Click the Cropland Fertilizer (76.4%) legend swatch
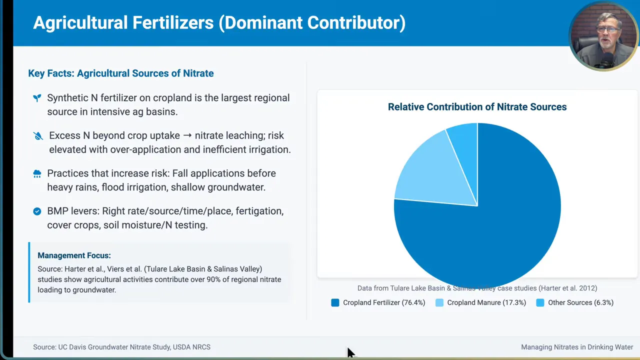pos(335,302)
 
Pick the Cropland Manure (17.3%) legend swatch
pos(439,302)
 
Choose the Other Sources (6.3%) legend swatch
pos(540,302)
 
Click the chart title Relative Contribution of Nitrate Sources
pos(477,107)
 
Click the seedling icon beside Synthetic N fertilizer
pos(37,98)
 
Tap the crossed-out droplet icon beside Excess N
pos(38,136)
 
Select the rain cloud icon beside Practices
pos(37,173)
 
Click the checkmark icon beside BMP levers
pos(37,211)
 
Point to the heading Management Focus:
pos(74,255)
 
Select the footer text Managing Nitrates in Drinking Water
pos(577,347)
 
